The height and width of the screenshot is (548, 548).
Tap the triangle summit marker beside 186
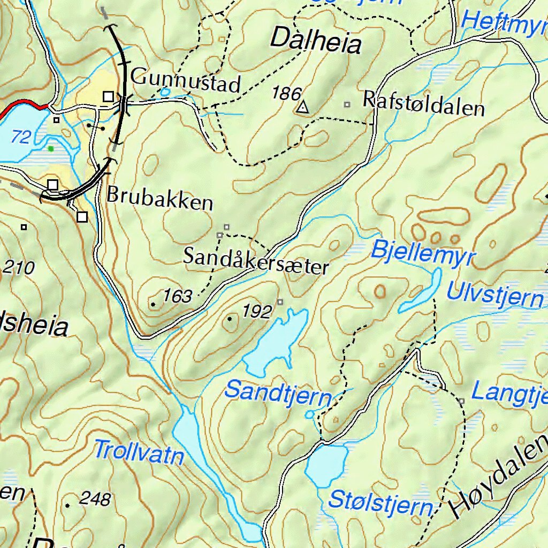(303, 108)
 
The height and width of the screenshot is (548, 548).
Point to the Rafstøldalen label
(423, 104)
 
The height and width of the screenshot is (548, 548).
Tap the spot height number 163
(177, 296)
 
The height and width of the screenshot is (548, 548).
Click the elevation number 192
(257, 311)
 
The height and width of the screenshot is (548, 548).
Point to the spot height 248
(95, 499)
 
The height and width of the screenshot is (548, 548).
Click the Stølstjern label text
(380, 503)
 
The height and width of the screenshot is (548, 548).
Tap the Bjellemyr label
(422, 253)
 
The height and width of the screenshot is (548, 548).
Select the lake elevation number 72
(21, 138)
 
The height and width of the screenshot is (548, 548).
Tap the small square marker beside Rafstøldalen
(347, 104)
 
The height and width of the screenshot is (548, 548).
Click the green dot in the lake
(51, 148)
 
